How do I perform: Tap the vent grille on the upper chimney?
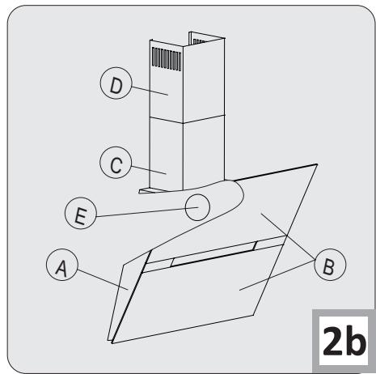click(163, 61)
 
